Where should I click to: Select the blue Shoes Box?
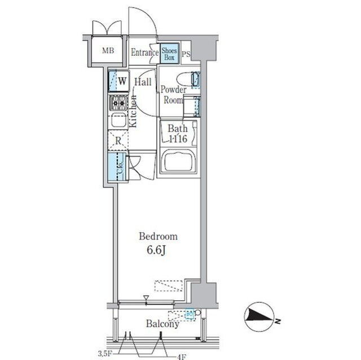click(x=170, y=54)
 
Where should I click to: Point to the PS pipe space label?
click(x=186, y=54)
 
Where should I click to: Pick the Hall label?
click(x=142, y=82)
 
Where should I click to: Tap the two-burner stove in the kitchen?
click(x=119, y=103)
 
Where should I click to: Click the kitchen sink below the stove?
click(x=119, y=121)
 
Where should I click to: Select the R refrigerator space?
click(x=118, y=141)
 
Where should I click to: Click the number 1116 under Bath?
click(x=178, y=138)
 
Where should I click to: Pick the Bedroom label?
click(x=159, y=237)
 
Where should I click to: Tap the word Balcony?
click(x=162, y=324)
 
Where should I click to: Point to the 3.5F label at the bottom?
click(x=105, y=353)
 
